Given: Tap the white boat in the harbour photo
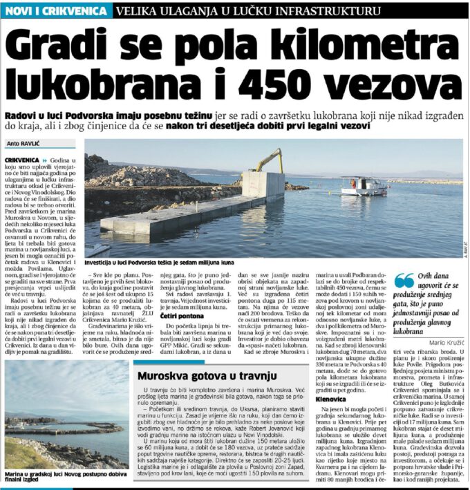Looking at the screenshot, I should click(x=364, y=185).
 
